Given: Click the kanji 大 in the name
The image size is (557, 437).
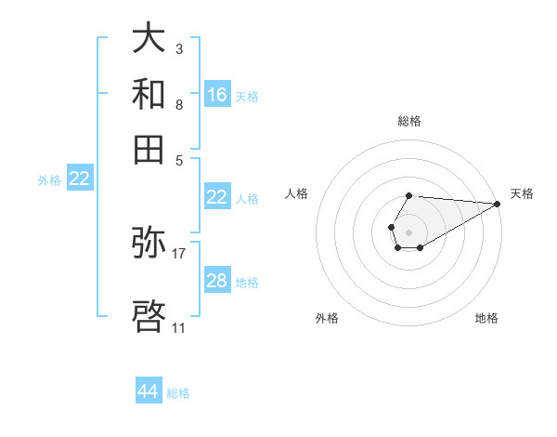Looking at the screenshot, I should tap(149, 39).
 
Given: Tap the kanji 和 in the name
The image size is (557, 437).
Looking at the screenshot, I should tap(149, 94).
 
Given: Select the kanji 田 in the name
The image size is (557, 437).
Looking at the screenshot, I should tap(149, 149).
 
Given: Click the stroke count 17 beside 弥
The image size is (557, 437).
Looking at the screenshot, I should tap(179, 253).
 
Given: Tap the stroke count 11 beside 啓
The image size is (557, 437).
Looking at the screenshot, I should tap(178, 327).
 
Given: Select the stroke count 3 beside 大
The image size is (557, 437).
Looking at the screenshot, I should tap(178, 48).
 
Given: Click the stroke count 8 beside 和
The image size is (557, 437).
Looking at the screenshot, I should tap(178, 104).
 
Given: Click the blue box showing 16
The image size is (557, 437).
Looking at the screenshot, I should tap(217, 95).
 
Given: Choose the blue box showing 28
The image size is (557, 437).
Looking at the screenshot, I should tap(217, 281).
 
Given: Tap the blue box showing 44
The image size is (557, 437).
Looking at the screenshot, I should tap(148, 391).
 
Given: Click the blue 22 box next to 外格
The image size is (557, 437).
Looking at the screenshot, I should tap(79, 179).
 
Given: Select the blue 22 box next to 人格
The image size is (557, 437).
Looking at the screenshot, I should tap(217, 197).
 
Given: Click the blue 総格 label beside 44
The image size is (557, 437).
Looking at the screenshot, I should tap(178, 393).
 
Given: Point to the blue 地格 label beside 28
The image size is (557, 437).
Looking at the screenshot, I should tap(247, 283).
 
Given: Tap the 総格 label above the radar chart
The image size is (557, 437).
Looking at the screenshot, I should tap(409, 121).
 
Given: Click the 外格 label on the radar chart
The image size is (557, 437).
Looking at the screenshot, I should tap(327, 318).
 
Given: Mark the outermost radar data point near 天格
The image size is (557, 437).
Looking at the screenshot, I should tap(498, 204).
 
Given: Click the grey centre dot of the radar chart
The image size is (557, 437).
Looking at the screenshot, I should tap(408, 231).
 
